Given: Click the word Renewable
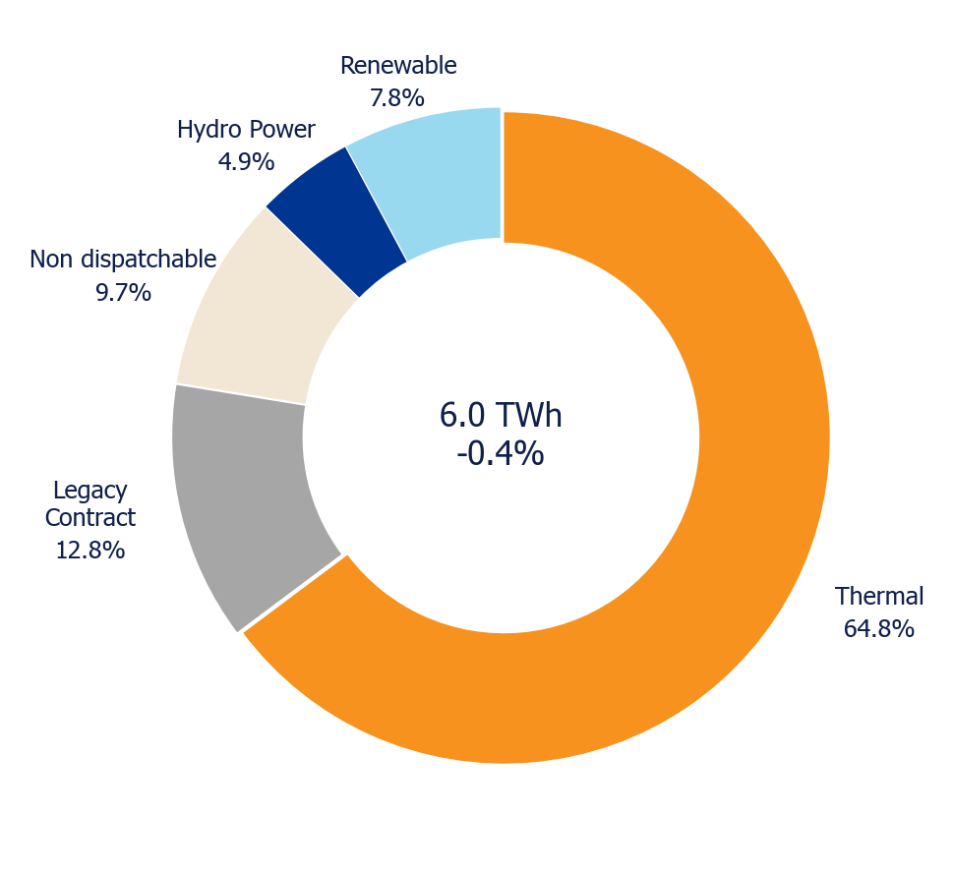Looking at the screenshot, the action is pos(398,66).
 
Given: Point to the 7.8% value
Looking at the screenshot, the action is pos(397,97).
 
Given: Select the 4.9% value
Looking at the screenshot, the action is pos(246,162).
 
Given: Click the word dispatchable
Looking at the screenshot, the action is pos(149,260).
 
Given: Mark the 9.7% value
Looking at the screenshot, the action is pos(123,293).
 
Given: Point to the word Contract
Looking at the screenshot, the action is pos(89,518).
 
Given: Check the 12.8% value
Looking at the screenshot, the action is pos(89,551).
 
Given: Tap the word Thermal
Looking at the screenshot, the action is pos(879,597).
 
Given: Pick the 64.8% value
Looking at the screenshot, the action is pos(879,629).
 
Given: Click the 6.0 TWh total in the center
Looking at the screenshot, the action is pos(501,416).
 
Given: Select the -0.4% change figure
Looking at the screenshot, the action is pos(501,453).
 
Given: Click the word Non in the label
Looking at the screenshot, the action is pos(52,260).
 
